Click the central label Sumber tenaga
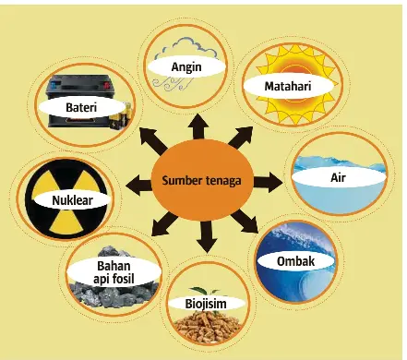click(x=201, y=181)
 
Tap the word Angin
click(x=186, y=66)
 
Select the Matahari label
click(x=288, y=86)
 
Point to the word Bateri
click(x=81, y=107)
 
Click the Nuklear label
click(x=72, y=200)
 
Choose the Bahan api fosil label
click(x=114, y=272)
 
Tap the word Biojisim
click(x=206, y=304)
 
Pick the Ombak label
click(x=295, y=261)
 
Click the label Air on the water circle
click(x=338, y=177)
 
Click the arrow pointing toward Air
click(x=268, y=183)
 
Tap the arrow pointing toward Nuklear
click(x=138, y=185)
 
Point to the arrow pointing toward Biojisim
click(x=206, y=236)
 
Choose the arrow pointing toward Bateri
click(x=152, y=141)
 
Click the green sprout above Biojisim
click(x=205, y=291)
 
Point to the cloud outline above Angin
click(x=186, y=50)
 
